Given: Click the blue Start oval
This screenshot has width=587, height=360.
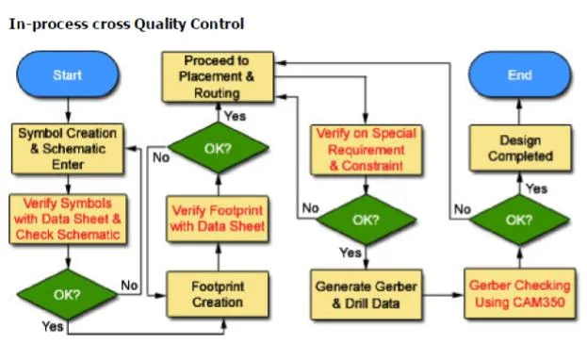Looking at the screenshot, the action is click(68, 74).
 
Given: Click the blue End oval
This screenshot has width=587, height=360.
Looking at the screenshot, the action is click(519, 74).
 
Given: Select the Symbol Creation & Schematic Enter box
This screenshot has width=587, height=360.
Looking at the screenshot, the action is click(68, 149).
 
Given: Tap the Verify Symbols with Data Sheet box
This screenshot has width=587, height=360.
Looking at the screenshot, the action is click(68, 220).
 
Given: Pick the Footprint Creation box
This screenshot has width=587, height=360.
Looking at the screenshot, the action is click(218, 294).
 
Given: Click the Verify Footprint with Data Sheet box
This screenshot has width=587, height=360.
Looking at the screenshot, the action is click(218, 219).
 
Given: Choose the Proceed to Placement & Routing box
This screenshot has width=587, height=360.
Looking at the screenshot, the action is click(218, 76).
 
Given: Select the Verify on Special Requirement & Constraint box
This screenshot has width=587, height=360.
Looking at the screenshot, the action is click(367, 150).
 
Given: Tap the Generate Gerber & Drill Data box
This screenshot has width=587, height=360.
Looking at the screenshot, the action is click(367, 295).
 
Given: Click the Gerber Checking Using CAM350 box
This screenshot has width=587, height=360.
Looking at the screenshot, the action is click(519, 294).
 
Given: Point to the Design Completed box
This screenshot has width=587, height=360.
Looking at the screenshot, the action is click(520, 148).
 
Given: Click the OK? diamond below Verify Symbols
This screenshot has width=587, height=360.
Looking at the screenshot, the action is click(68, 294).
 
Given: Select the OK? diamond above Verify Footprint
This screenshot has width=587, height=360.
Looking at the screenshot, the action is click(219, 148).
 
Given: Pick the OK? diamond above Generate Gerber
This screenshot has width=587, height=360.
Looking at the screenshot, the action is click(367, 220).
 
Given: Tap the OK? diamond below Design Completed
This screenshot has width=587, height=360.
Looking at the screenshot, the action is click(519, 220).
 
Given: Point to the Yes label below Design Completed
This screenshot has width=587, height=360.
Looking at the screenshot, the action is click(536, 188).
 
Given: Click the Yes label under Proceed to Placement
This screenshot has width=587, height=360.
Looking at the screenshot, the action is click(235, 116).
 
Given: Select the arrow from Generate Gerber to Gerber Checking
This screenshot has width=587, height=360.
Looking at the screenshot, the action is click(443, 295).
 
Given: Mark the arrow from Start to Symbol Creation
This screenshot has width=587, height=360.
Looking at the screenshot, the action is click(68, 111).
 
